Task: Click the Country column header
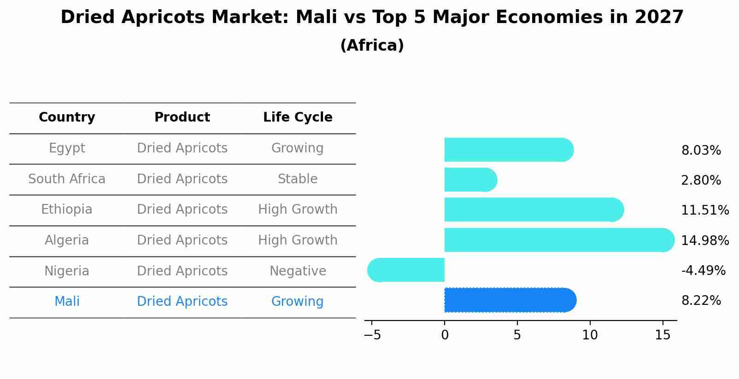tap(67, 117)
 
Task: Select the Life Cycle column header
tap(298, 117)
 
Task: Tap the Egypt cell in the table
tap(67, 148)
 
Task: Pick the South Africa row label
tap(67, 179)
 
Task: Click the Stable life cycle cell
tap(298, 179)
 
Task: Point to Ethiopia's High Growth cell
tap(298, 210)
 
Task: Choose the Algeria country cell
tap(67, 240)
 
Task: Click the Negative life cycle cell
tap(298, 271)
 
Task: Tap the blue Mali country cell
tap(67, 302)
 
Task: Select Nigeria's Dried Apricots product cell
tap(182, 271)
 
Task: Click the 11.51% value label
tap(704, 210)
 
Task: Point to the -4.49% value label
tap(703, 271)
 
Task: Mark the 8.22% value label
tap(701, 301)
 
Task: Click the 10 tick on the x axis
tap(590, 335)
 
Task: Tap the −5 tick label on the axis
tap(372, 335)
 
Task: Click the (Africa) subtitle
tap(372, 46)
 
